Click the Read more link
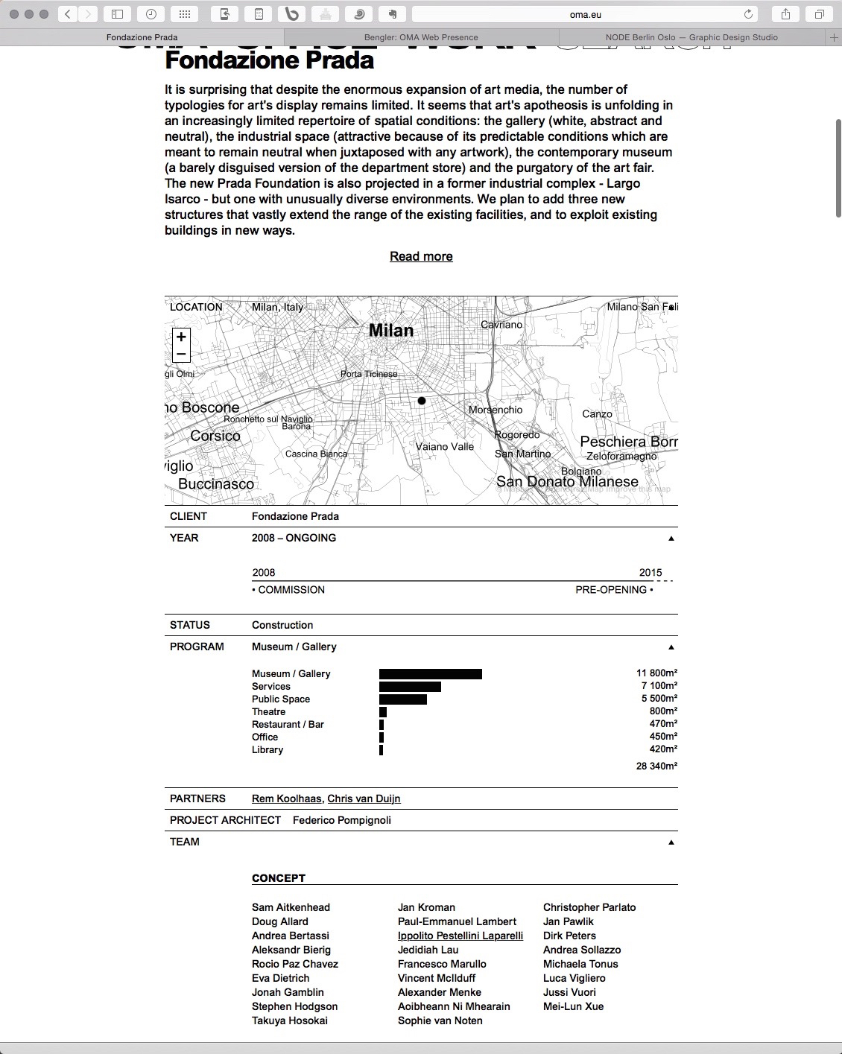coord(421,256)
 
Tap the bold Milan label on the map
coord(391,331)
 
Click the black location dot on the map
coord(422,401)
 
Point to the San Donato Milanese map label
coord(567,482)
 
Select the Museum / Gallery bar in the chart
coord(431,674)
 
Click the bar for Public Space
coord(403,699)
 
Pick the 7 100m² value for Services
coord(659,686)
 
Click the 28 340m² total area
coord(656,766)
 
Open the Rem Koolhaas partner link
coord(287,799)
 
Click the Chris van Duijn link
coord(364,799)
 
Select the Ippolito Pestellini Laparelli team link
coord(460,936)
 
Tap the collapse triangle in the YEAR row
coord(671,539)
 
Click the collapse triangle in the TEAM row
coord(671,842)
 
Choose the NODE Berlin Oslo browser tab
coord(691,37)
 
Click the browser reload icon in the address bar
coord(749,14)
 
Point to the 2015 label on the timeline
coord(651,573)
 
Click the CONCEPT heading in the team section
coord(279,878)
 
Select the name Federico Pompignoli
coord(342,820)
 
